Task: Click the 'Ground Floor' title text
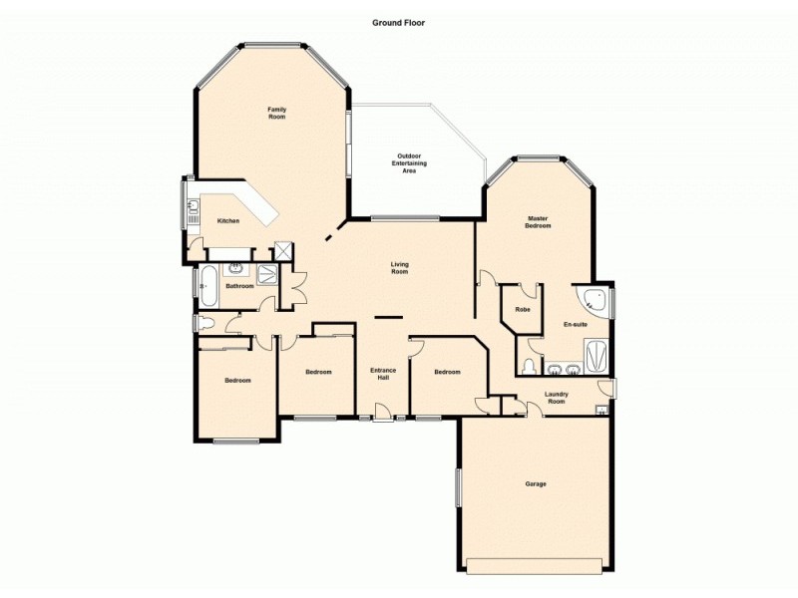(x=399, y=22)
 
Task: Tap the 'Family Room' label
(x=276, y=113)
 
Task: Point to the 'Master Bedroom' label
(x=538, y=222)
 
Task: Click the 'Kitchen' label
(x=228, y=220)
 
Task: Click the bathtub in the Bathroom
(x=208, y=286)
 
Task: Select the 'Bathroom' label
(x=239, y=287)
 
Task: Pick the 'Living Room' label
(x=399, y=268)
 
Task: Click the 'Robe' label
(x=522, y=310)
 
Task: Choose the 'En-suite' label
(x=575, y=325)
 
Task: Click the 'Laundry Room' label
(x=556, y=398)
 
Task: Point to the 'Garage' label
(x=536, y=484)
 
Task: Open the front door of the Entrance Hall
(x=383, y=416)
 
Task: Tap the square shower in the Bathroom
(x=269, y=276)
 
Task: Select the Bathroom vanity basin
(x=237, y=268)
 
